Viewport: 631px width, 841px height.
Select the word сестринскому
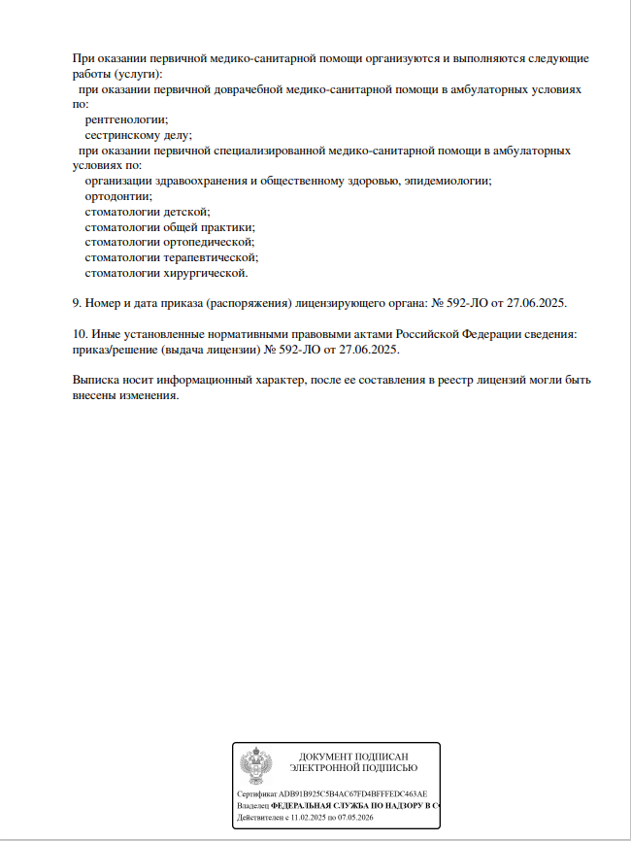pyautogui.click(x=124, y=135)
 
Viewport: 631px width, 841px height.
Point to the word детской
pyautogui.click(x=188, y=211)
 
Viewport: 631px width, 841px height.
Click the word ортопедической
pyautogui.click(x=205, y=242)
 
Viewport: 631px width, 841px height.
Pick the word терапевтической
pyautogui.click(x=209, y=257)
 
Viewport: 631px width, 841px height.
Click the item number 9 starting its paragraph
pyautogui.click(x=77, y=303)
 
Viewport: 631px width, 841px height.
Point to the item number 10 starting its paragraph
pyautogui.click(x=80, y=333)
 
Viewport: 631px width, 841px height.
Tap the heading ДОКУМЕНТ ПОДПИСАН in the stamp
pyautogui.click(x=353, y=757)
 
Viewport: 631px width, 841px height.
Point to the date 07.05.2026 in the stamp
pyautogui.click(x=356, y=819)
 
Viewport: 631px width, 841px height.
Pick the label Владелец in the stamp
pyautogui.click(x=252, y=806)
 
